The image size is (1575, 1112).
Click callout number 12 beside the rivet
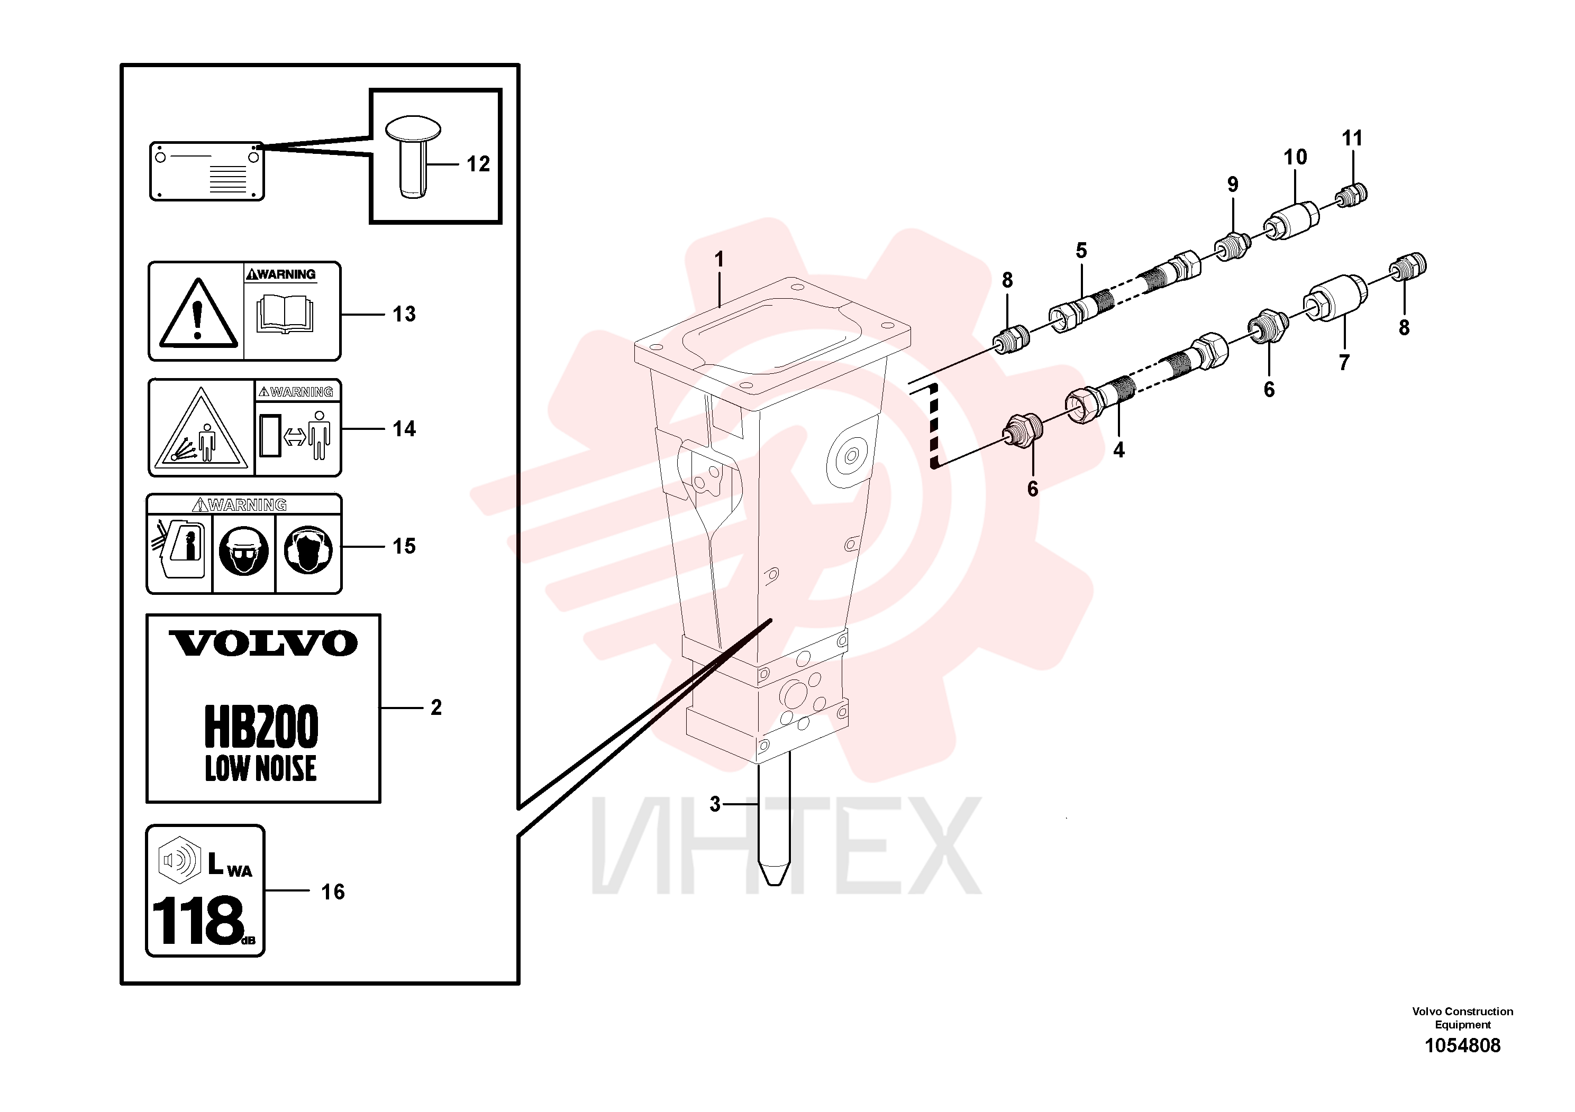pyautogui.click(x=478, y=164)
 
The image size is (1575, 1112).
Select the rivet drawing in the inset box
pyautogui.click(x=413, y=157)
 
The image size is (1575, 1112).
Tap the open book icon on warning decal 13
pyautogui.click(x=285, y=315)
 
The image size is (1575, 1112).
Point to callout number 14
pyautogui.click(x=404, y=429)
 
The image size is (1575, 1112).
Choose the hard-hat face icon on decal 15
pyautogui.click(x=243, y=550)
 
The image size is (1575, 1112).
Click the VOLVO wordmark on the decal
pyautogui.click(x=263, y=643)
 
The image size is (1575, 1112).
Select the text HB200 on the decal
pyautogui.click(x=261, y=727)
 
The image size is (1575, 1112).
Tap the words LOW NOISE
pyautogui.click(x=261, y=768)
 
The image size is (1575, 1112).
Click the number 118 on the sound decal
pyautogui.click(x=197, y=920)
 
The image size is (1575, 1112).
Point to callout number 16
pyautogui.click(x=333, y=892)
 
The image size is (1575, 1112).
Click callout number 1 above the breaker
pyautogui.click(x=719, y=260)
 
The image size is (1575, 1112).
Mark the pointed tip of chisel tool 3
pyautogui.click(x=774, y=885)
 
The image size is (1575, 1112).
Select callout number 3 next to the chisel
pyautogui.click(x=715, y=804)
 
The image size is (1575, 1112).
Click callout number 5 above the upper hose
pyautogui.click(x=1081, y=251)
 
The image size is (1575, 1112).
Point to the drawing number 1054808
pyautogui.click(x=1462, y=1045)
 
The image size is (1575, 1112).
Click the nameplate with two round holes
pyautogui.click(x=207, y=171)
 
